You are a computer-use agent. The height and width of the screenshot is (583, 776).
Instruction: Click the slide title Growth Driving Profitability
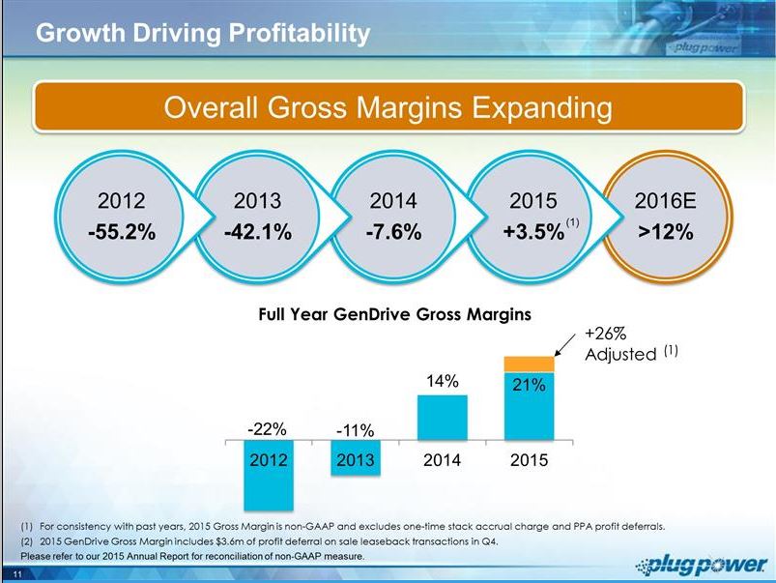203,34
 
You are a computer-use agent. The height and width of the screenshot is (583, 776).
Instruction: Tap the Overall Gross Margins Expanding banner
388,106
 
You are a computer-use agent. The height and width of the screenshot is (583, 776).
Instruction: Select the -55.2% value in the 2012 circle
122,233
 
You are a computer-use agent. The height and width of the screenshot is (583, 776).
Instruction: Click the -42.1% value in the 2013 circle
257,233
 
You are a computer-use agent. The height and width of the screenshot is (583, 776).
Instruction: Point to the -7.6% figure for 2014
393,233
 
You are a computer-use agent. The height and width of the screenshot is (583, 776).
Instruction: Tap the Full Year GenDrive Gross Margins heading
394,314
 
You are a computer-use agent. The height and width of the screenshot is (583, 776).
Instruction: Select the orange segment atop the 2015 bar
530,364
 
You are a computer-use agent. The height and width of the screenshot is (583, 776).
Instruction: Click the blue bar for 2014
442,418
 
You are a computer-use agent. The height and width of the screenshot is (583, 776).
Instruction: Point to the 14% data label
442,382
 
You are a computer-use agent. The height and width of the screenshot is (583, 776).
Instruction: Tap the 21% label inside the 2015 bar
530,386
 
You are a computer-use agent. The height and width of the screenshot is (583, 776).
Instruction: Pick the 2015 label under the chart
530,460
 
